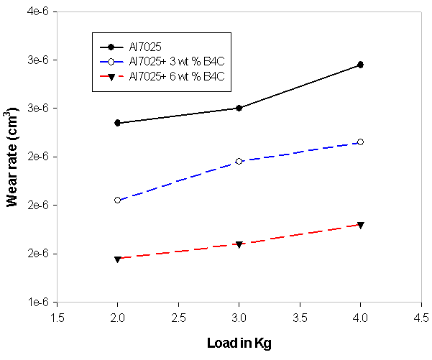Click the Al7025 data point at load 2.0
(x=117, y=123)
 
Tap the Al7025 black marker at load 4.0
(x=361, y=65)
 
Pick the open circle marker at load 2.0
(x=117, y=200)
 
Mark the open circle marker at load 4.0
(x=361, y=142)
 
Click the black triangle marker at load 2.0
(x=117, y=259)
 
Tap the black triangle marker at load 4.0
(x=361, y=225)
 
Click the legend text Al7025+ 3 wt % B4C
(x=177, y=60)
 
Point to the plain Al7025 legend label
(x=144, y=47)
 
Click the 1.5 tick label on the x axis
(x=57, y=316)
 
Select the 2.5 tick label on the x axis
(x=178, y=316)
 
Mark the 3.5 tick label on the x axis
(x=300, y=316)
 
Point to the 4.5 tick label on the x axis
(x=421, y=316)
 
